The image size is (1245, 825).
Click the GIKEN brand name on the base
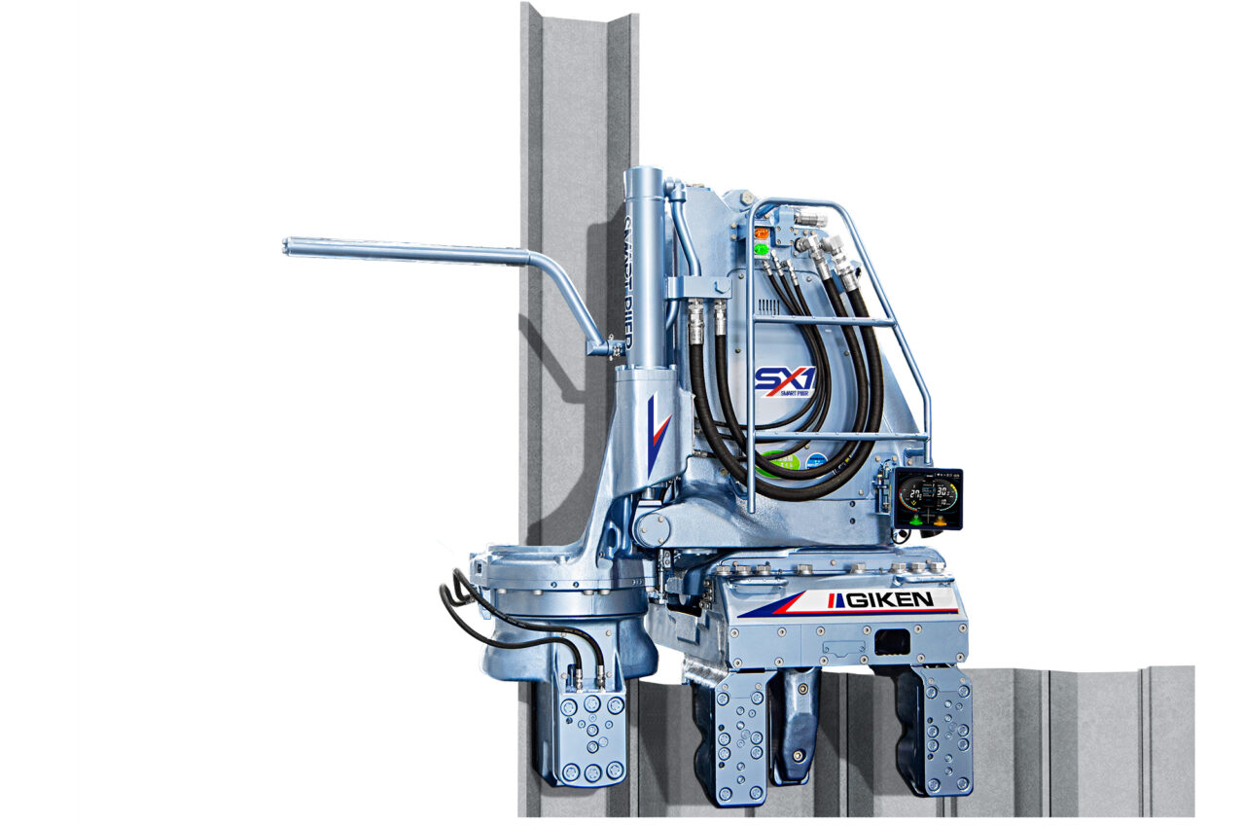888,599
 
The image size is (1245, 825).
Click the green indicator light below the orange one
761,249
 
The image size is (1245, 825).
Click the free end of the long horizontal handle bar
289,246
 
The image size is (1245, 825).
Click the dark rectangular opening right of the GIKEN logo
892,642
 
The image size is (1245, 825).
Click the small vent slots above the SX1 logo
768,307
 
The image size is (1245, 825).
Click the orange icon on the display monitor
942,520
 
